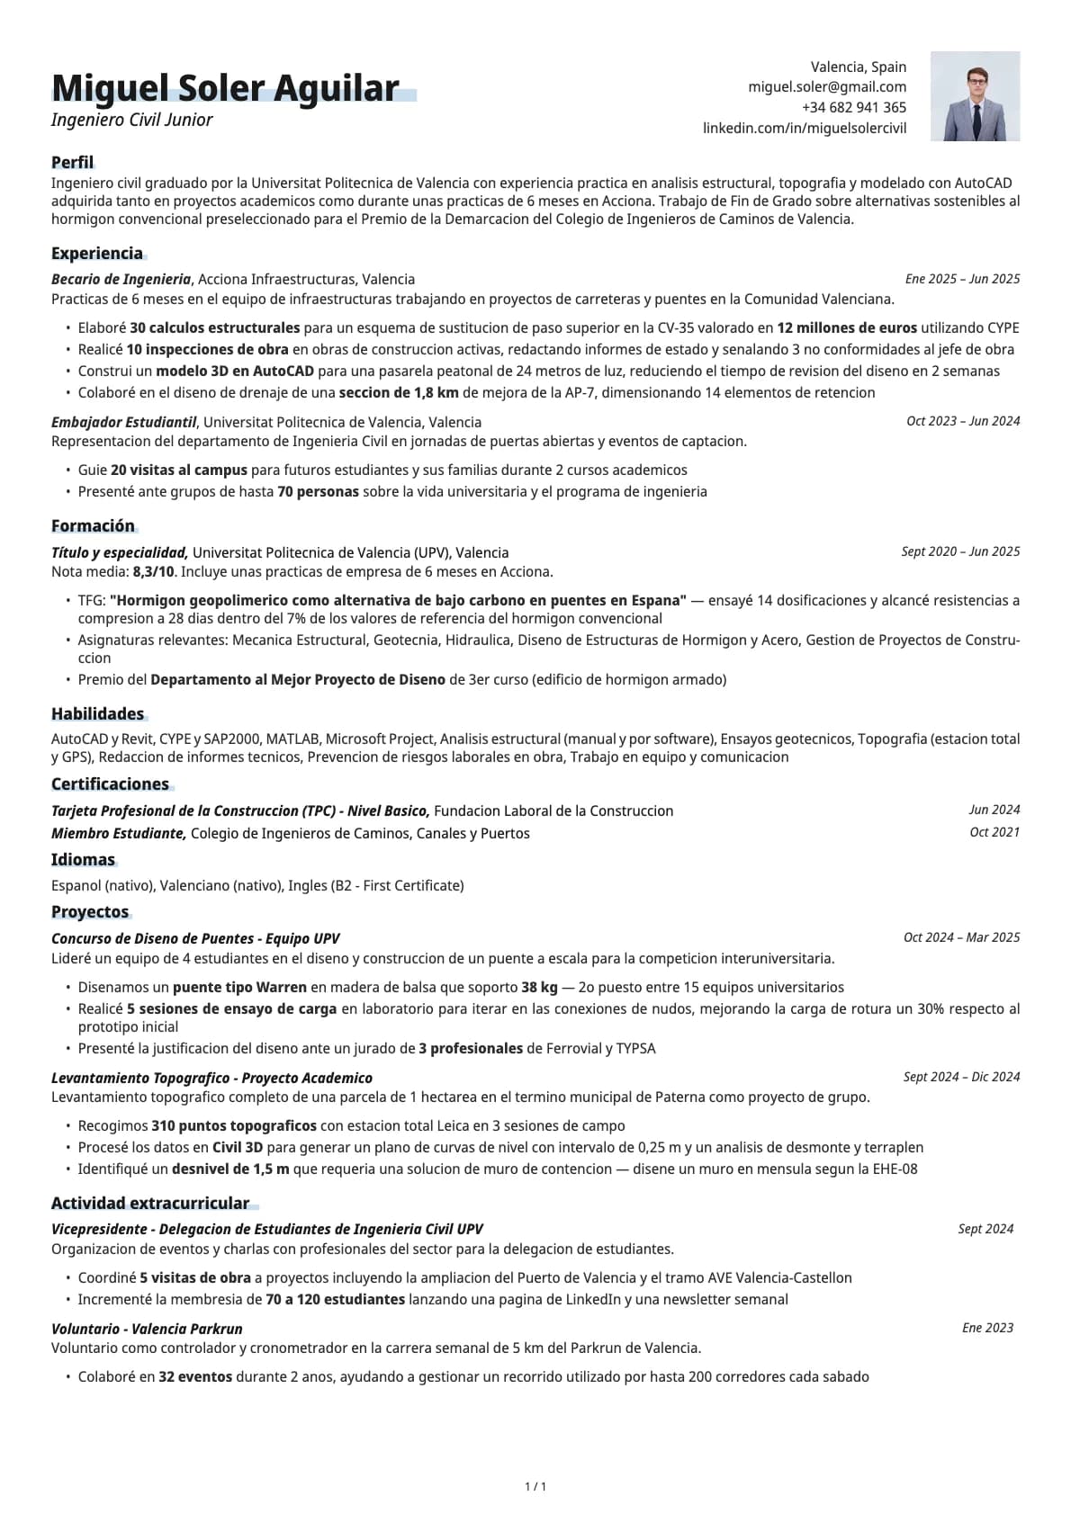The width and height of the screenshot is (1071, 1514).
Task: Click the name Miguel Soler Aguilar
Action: coord(225,88)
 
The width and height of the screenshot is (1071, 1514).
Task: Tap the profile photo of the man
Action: coord(975,96)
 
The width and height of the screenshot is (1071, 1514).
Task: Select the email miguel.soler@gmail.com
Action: coord(827,87)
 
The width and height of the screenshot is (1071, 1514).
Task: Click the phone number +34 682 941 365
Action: coord(854,108)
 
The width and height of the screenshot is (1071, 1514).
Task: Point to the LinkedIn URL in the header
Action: coord(805,129)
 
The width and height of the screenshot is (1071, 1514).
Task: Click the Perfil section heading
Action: coord(72,163)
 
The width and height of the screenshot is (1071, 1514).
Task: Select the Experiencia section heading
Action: coord(97,254)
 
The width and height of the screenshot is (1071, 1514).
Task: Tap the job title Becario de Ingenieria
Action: coord(121,280)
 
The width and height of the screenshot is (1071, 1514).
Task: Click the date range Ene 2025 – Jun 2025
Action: coord(962,280)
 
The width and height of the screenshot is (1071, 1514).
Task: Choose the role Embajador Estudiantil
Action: coord(123,423)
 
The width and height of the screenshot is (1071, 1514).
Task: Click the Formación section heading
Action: coord(93,526)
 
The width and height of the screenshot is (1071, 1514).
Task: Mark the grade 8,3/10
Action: coord(153,572)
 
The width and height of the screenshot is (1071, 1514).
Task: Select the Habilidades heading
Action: coord(97,714)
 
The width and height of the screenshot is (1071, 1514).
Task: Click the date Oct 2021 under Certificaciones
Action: coord(994,833)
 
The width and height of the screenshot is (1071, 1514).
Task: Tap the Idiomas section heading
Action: coord(83,860)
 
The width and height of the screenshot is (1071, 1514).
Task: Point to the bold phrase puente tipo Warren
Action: coord(239,988)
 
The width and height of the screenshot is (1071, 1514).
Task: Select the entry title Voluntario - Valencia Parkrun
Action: coord(147,1330)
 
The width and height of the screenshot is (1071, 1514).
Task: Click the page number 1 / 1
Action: coord(535,1487)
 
